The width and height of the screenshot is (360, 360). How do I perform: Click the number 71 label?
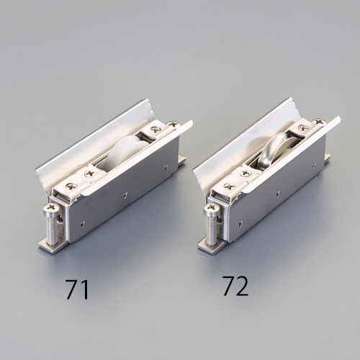(x=78, y=290)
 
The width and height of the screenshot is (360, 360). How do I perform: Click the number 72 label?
(x=235, y=286)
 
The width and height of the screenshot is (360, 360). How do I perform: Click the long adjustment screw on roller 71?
(x=51, y=223)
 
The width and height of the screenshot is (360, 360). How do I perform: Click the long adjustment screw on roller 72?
(x=211, y=221)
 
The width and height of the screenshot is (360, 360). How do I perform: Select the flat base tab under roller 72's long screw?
(x=211, y=243)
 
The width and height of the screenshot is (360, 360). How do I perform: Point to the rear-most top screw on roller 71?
(x=172, y=125)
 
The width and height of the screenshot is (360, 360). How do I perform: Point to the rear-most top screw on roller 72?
(x=318, y=122)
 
